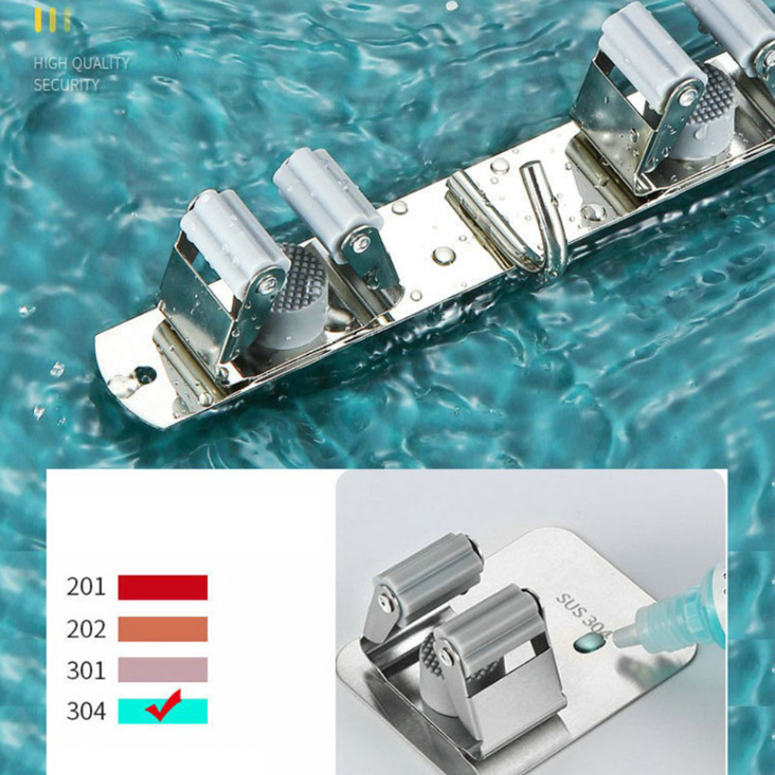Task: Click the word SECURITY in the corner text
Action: [x=67, y=85]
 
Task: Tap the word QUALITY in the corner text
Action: [x=101, y=63]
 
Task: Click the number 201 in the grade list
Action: [x=86, y=587]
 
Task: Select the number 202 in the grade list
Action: [x=86, y=629]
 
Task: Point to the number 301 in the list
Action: [x=86, y=671]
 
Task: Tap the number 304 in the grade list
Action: [x=86, y=712]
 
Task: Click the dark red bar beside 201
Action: [x=162, y=587]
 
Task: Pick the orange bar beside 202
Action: [x=162, y=629]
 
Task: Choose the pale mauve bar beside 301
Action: [x=162, y=670]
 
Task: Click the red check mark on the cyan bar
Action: [x=164, y=706]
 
